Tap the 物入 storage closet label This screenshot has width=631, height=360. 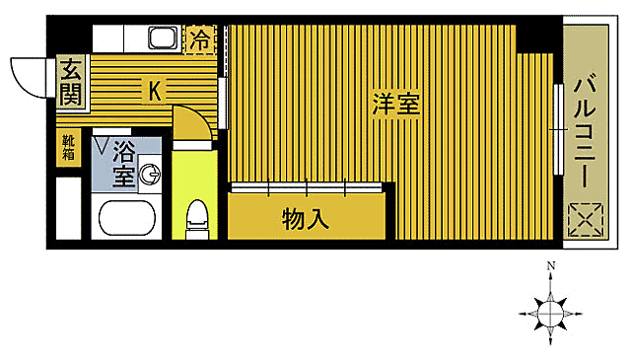(x=305, y=218)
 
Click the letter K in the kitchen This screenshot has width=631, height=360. (x=156, y=91)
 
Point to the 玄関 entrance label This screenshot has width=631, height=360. (x=71, y=83)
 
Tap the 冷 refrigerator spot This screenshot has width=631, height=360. (x=199, y=40)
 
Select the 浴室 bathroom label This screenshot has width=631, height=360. (x=123, y=164)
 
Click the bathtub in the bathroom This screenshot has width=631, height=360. (x=127, y=218)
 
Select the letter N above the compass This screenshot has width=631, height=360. (x=552, y=266)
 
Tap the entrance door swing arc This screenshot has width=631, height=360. (x=28, y=76)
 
